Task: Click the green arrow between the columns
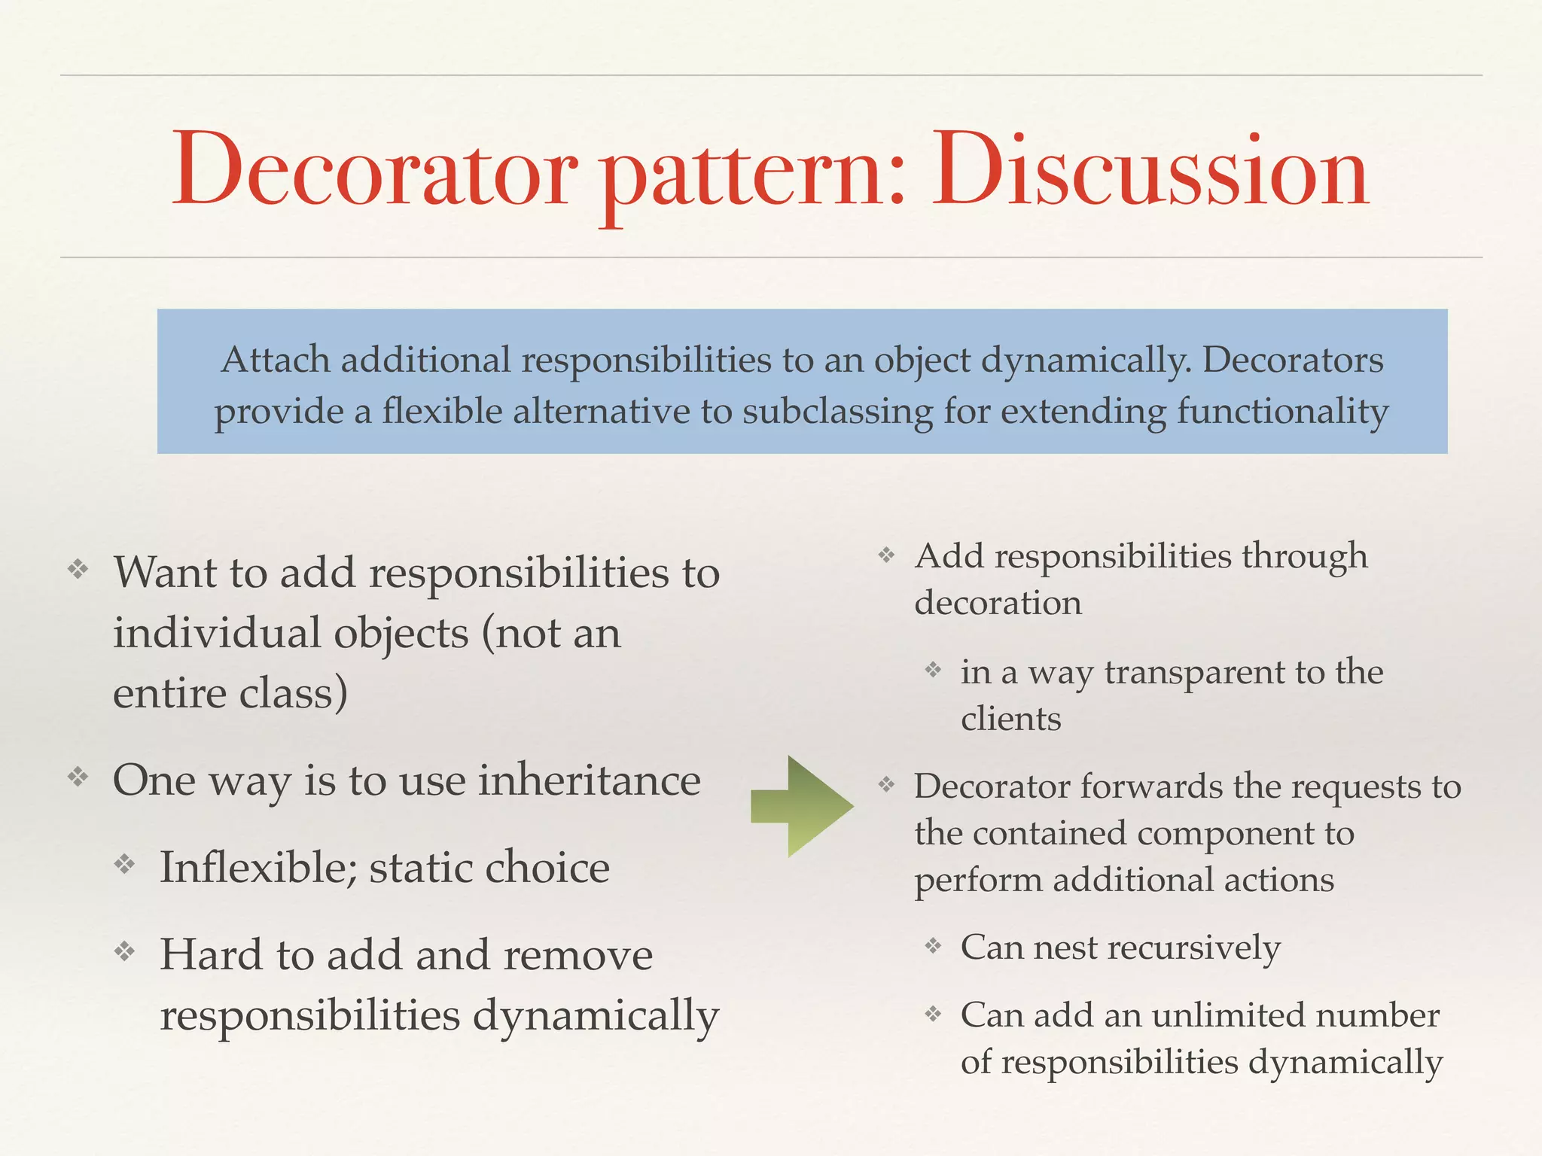[803, 806]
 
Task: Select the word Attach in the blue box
[276, 360]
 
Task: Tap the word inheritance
[590, 780]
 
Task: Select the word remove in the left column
[577, 955]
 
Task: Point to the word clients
[1010, 719]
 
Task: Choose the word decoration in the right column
[998, 603]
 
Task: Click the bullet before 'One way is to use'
[78, 776]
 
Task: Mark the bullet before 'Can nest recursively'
[933, 945]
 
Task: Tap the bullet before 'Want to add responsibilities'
[78, 569]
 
